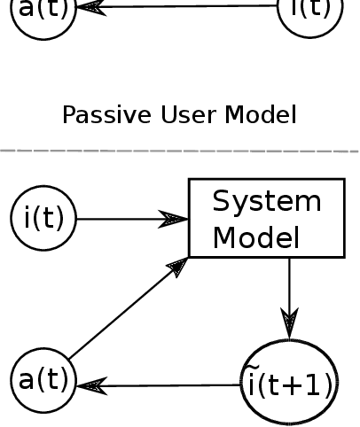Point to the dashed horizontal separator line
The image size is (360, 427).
(x=177, y=151)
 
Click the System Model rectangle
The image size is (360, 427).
(x=266, y=218)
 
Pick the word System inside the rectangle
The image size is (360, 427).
(x=266, y=201)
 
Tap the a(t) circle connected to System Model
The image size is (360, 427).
(x=43, y=380)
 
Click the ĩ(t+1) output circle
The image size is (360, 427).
(x=289, y=384)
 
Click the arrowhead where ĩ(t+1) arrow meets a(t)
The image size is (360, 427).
(x=90, y=385)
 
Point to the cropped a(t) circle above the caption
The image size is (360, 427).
(x=43, y=14)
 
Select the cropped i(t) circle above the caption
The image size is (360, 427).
(x=309, y=12)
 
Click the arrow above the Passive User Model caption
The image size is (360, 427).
(x=177, y=8)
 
